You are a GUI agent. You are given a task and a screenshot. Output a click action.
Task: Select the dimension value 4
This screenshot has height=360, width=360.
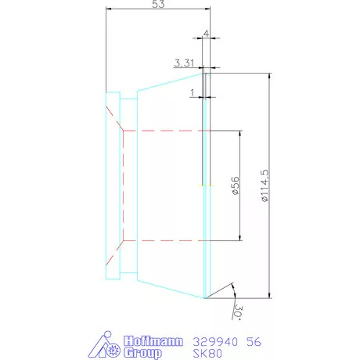pos(206,34)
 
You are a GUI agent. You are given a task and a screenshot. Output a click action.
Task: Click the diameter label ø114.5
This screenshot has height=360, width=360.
pos(265,186)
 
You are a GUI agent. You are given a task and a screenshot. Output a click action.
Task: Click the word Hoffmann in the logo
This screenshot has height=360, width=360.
pos(153,342)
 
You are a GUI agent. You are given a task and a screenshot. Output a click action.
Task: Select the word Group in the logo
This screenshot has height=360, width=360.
pos(143,353)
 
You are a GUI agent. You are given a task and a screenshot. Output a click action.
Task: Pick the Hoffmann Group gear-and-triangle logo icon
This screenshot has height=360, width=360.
pos(106,347)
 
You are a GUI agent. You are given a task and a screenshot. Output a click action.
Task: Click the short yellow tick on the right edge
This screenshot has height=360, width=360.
pos(204,185)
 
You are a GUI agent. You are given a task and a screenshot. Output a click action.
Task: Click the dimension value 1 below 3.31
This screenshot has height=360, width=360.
pos(192,92)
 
